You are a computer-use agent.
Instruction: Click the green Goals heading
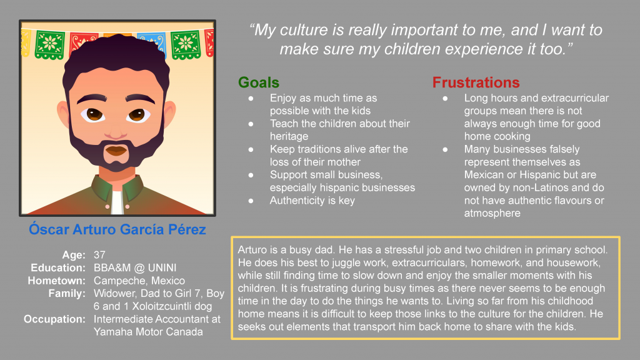259,82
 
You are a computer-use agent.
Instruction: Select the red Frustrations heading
476,82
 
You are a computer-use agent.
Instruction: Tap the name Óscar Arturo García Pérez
117,229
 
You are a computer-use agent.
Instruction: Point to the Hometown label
56,281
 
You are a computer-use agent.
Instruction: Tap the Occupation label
54,319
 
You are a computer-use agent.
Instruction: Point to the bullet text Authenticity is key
312,201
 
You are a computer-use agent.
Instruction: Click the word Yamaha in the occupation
114,332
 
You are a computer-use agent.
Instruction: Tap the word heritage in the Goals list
289,136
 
